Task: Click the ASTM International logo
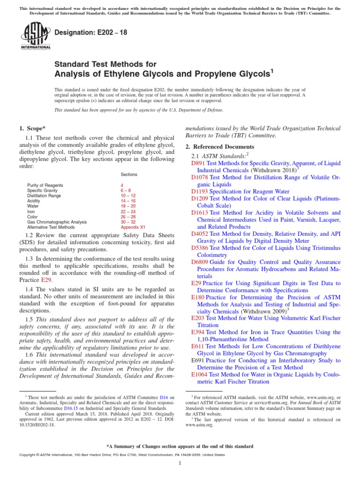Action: [x=35, y=37]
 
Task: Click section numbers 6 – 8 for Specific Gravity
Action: [x=126, y=191]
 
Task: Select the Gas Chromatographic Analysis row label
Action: [x=57, y=222]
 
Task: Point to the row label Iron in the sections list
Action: [x=31, y=211]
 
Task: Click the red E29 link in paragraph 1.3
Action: [x=47, y=280]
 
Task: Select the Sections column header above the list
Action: [x=129, y=174]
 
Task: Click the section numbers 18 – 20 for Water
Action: [x=128, y=206]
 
